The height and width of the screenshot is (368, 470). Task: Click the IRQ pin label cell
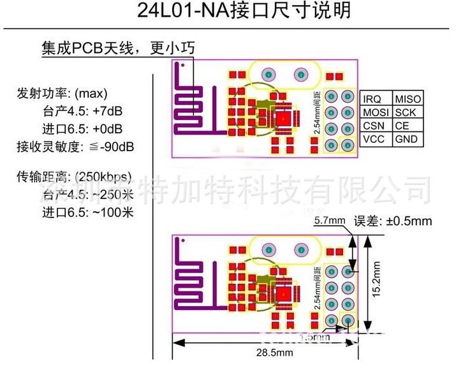click(375, 99)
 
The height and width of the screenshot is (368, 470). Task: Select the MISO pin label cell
click(408, 99)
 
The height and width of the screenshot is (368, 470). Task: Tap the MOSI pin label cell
click(375, 113)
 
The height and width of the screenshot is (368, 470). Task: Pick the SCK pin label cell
click(406, 113)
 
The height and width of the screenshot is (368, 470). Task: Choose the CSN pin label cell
click(375, 126)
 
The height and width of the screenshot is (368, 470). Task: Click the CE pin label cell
click(403, 126)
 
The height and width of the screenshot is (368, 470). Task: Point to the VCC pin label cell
click(375, 140)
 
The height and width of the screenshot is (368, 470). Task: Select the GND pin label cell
click(406, 140)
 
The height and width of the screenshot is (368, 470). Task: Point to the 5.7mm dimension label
click(330, 221)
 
